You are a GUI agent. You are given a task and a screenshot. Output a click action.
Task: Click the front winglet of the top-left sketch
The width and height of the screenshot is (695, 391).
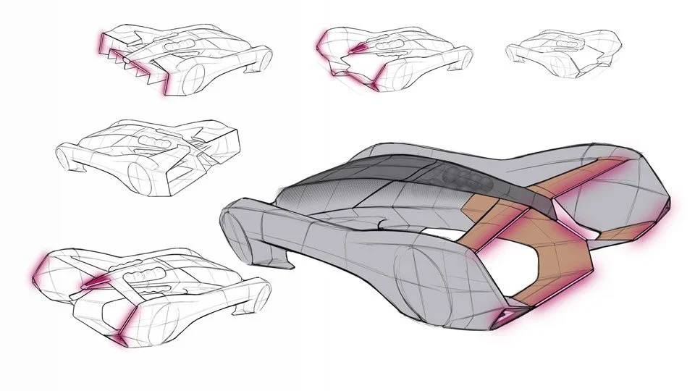click(258, 70)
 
